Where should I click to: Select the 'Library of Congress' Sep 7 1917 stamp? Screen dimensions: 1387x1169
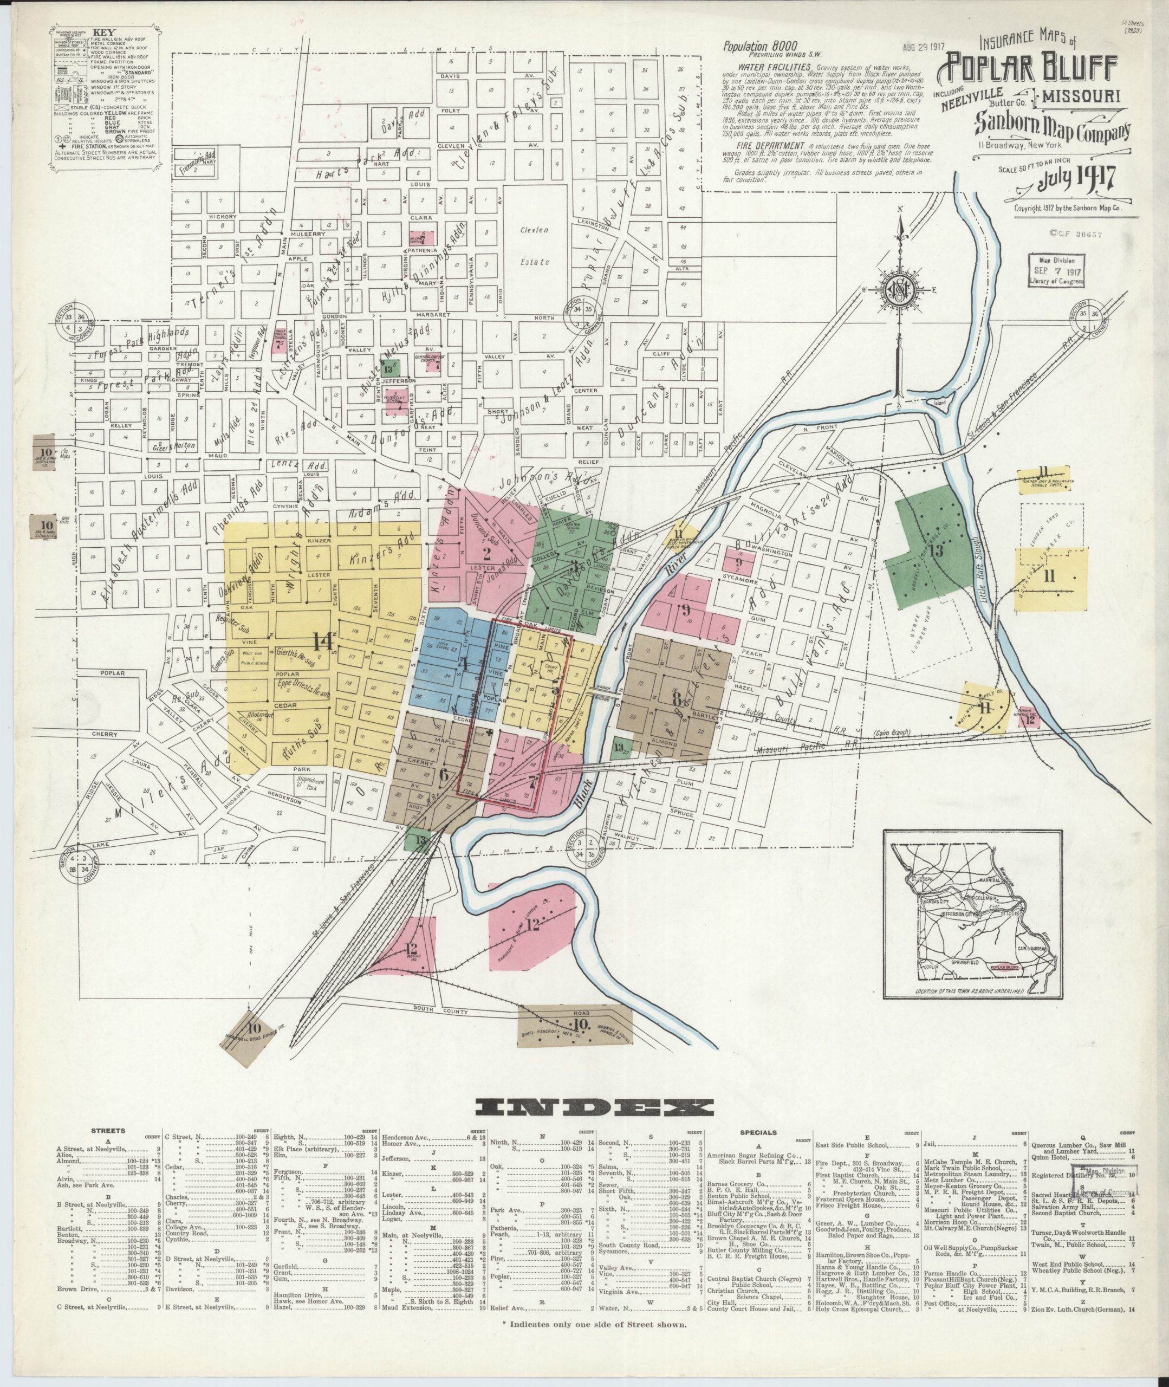click(1056, 270)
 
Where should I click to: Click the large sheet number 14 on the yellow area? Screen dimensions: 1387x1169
click(324, 640)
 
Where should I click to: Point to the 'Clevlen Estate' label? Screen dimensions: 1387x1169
click(535, 245)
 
